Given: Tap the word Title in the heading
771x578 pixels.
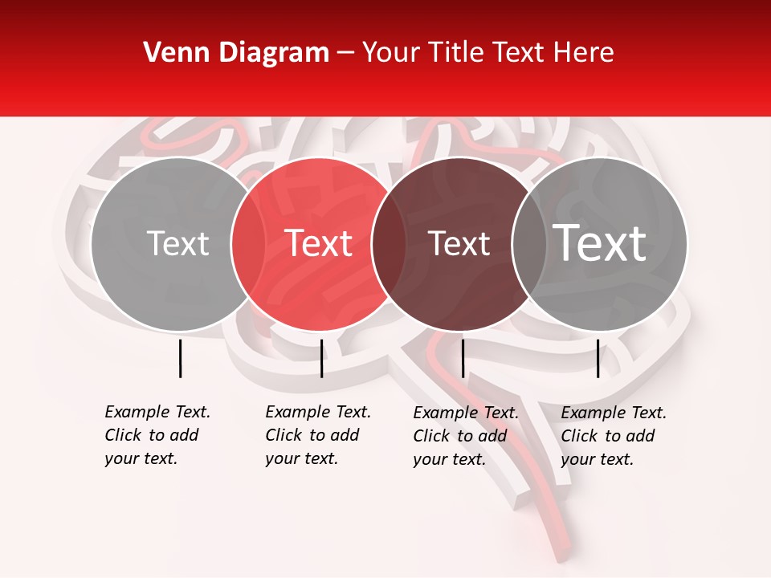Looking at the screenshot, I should pyautogui.click(x=456, y=52).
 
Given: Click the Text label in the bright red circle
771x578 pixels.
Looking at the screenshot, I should pyautogui.click(x=319, y=243).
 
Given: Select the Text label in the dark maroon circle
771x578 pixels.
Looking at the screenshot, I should pyautogui.click(x=459, y=243).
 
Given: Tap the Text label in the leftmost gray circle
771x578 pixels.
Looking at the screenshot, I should pyautogui.click(x=178, y=243).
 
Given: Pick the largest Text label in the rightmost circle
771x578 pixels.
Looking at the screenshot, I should pyautogui.click(x=600, y=242).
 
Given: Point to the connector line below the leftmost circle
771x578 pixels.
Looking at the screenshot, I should pyautogui.click(x=180, y=358).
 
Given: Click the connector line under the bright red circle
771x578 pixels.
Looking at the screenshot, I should pyautogui.click(x=321, y=358).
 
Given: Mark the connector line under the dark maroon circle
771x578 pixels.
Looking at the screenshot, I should pyautogui.click(x=463, y=358).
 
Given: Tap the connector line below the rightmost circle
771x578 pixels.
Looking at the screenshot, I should pyautogui.click(x=598, y=358).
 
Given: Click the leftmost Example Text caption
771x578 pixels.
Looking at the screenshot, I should pyautogui.click(x=157, y=435).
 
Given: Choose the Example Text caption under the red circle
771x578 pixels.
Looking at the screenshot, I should pyautogui.click(x=318, y=435).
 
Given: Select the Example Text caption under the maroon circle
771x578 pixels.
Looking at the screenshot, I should pyautogui.click(x=466, y=436).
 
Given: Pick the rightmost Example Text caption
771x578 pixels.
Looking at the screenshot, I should pyautogui.click(x=614, y=436).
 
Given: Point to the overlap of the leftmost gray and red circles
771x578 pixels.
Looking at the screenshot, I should pyautogui.click(x=248, y=244).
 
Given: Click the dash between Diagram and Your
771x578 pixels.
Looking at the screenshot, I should pyautogui.click(x=345, y=53).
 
